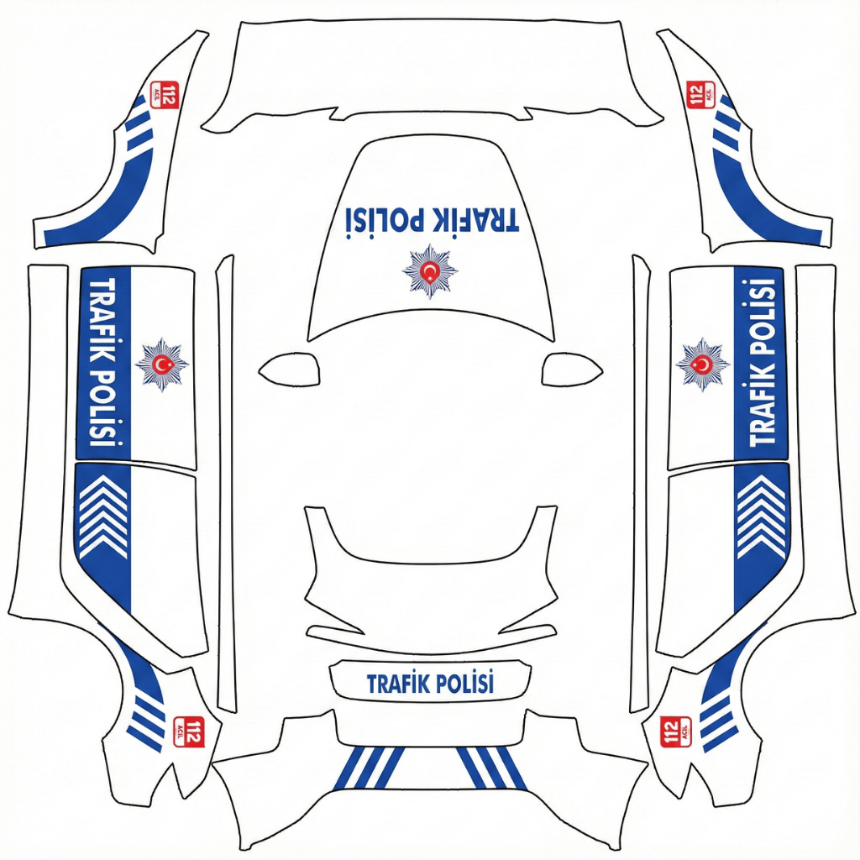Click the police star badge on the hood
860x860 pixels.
pyautogui.click(x=430, y=271)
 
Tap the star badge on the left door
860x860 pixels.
pyautogui.click(x=162, y=364)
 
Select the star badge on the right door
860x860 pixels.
pyautogui.click(x=703, y=364)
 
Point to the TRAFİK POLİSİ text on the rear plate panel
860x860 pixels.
pyautogui.click(x=430, y=684)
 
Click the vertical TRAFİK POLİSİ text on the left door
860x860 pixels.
pyautogui.click(x=103, y=362)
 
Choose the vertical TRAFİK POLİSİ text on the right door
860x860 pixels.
pyautogui.click(x=763, y=362)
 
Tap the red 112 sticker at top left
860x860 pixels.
pyautogui.click(x=165, y=95)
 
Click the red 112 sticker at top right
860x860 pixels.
pyautogui.click(x=700, y=94)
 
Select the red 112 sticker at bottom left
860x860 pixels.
pyautogui.click(x=188, y=732)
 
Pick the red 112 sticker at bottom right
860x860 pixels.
pyautogui.click(x=676, y=732)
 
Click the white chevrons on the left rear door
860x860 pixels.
pyautogui.click(x=103, y=517)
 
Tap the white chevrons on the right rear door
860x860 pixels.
pyautogui.click(x=762, y=517)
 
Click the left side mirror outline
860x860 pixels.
pyautogui.click(x=290, y=370)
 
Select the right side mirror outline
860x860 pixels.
pyautogui.click(x=572, y=370)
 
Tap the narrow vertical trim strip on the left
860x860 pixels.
pyautogui.click(x=225, y=484)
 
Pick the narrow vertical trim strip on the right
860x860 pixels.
pyautogui.click(x=639, y=484)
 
